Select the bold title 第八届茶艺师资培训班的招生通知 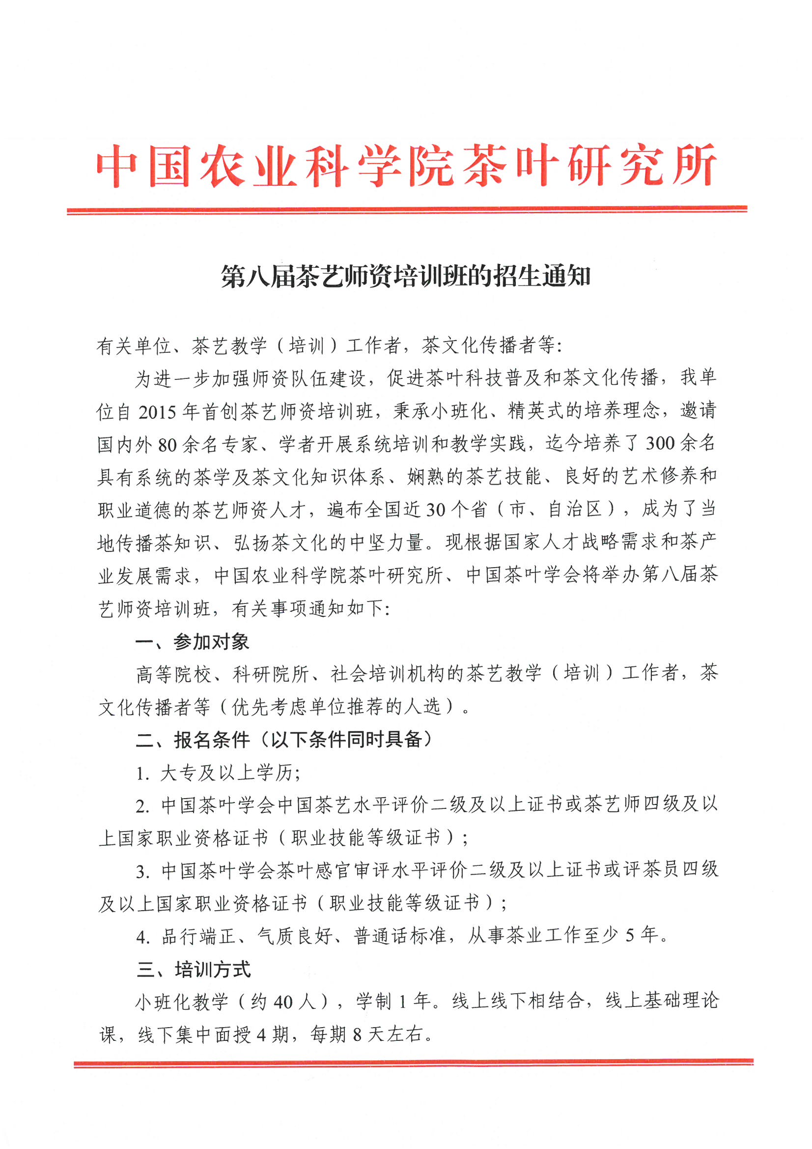pos(406,276)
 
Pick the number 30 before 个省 pos(435,510)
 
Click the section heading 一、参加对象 pos(192,642)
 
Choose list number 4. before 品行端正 pos(143,937)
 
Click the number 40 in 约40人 pos(283,1002)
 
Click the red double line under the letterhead pos(407,210)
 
